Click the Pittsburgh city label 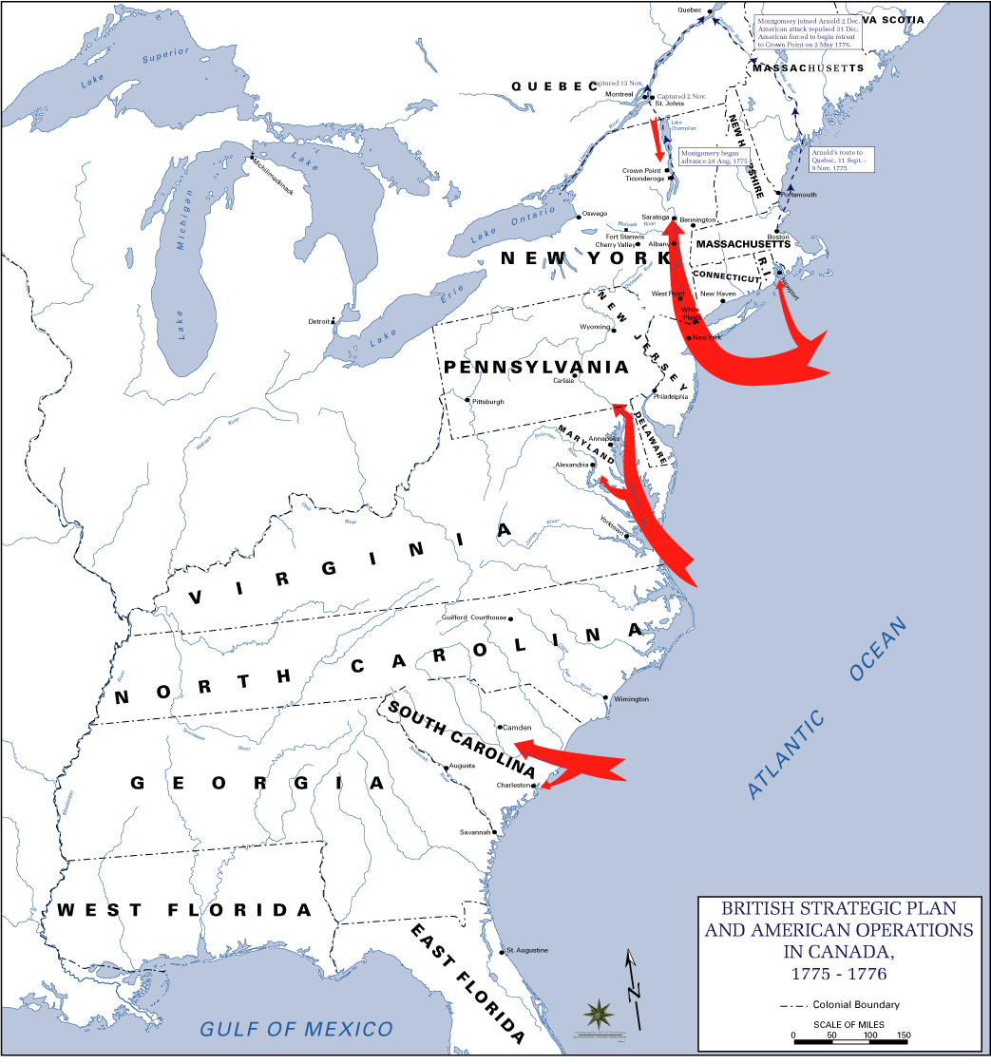(488, 402)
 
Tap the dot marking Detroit (334, 321)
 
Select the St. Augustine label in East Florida (527, 950)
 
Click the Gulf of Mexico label (295, 1028)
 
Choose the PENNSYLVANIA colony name (536, 368)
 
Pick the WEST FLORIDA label (184, 910)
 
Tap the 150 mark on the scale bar (903, 1035)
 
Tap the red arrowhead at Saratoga (673, 224)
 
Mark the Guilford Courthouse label (474, 617)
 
